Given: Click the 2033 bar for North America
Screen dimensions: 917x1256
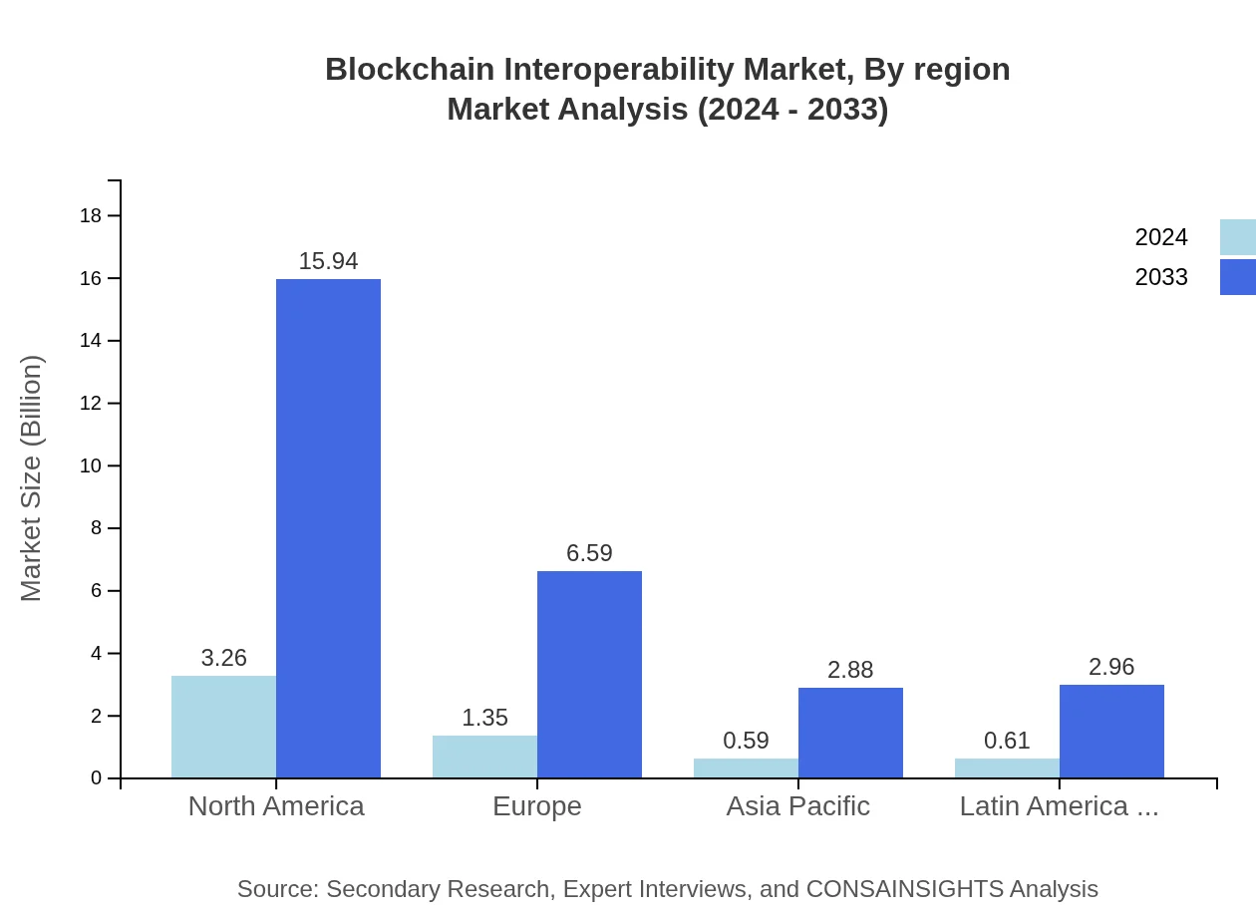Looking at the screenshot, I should coord(328,528).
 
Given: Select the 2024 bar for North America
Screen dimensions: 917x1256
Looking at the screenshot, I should coord(223,727).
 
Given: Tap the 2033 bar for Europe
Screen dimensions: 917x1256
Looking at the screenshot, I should coord(589,674).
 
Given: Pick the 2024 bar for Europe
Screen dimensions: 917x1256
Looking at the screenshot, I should coord(484,757).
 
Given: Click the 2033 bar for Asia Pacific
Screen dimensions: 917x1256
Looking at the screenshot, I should coord(850,733).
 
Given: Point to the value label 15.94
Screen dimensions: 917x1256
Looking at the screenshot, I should coord(328,261).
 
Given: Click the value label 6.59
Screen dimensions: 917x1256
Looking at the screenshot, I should coord(589,553).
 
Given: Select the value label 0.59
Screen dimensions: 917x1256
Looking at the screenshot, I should coord(746,741).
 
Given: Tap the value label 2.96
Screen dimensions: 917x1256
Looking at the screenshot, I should coord(1111,667).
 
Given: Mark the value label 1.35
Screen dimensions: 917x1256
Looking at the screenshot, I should coord(484,718).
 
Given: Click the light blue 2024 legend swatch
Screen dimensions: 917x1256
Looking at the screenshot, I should coord(1237,237).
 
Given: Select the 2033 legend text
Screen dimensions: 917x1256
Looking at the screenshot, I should coord(1161,277).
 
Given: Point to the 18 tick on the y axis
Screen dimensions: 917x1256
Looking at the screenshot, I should coord(98,215).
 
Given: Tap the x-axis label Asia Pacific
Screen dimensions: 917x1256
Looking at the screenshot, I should coord(797,806).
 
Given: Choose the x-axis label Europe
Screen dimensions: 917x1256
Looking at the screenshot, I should coord(536,806).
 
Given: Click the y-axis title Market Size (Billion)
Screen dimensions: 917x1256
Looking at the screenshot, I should coord(32,478).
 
